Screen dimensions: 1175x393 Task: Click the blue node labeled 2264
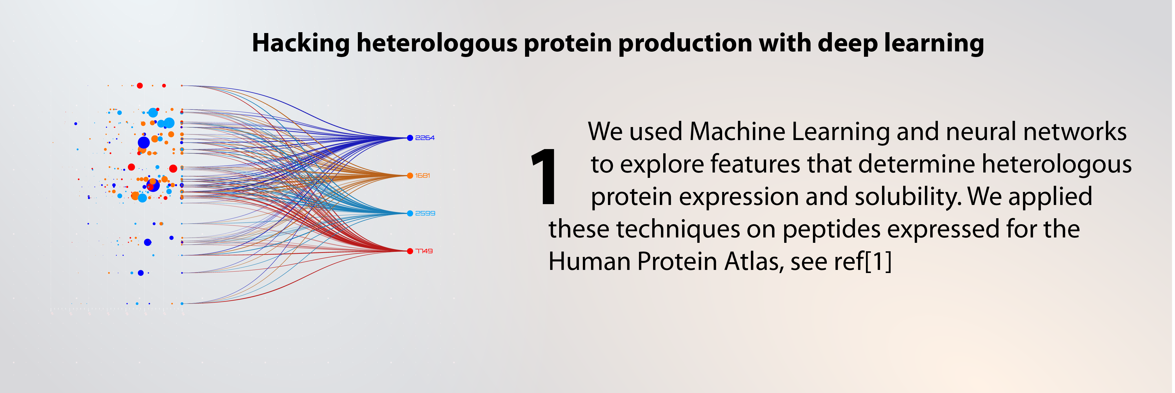410,138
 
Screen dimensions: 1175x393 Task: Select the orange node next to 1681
410,176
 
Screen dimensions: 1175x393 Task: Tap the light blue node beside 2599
410,213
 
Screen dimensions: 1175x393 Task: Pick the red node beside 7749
410,251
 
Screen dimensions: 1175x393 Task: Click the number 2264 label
425,138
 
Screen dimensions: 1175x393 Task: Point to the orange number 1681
422,176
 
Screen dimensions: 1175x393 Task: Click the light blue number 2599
425,213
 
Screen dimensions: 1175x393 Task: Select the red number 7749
424,251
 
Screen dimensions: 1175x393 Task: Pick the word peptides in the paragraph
832,230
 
